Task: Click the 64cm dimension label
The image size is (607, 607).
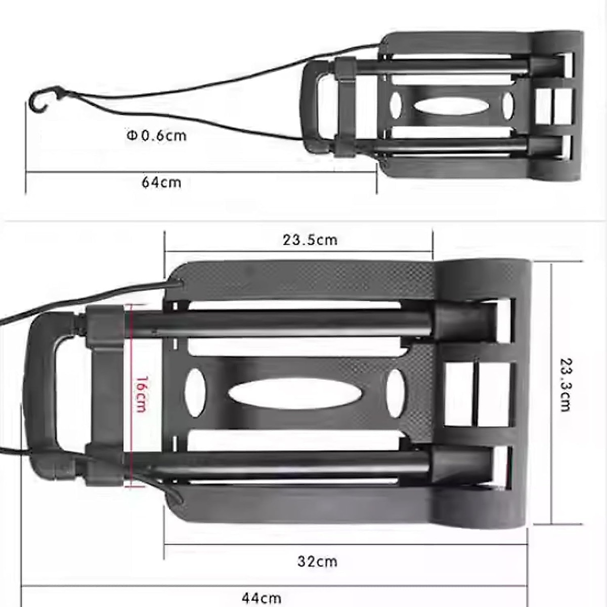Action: click(161, 182)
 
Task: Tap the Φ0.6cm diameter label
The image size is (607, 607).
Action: click(156, 136)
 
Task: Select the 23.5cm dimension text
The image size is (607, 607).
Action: click(310, 240)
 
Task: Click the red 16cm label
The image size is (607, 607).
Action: click(141, 394)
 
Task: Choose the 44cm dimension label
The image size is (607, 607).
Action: click(261, 598)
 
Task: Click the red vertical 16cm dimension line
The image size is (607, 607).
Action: click(132, 354)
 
